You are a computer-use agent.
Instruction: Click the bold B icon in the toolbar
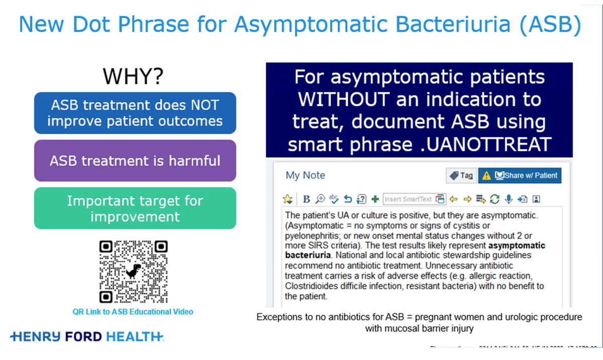click(x=307, y=199)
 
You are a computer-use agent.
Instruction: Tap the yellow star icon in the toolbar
click(x=287, y=199)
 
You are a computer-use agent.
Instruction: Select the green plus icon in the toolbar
click(x=375, y=199)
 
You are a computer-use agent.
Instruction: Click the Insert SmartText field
click(x=408, y=199)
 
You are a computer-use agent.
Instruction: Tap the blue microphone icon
click(x=509, y=199)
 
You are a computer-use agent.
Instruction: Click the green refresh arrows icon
click(x=494, y=199)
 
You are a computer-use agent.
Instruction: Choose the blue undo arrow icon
click(x=348, y=199)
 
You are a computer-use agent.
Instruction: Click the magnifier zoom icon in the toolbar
click(x=320, y=199)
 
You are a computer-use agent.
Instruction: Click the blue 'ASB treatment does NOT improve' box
click(x=135, y=113)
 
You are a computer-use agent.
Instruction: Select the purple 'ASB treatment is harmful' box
click(x=135, y=161)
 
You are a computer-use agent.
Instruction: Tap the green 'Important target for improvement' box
click(x=135, y=208)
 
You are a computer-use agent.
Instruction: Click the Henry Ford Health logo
click(x=87, y=336)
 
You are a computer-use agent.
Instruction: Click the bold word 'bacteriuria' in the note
click(x=307, y=255)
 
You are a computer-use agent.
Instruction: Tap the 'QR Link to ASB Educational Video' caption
click(x=133, y=312)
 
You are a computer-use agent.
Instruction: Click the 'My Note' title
click(x=305, y=175)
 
